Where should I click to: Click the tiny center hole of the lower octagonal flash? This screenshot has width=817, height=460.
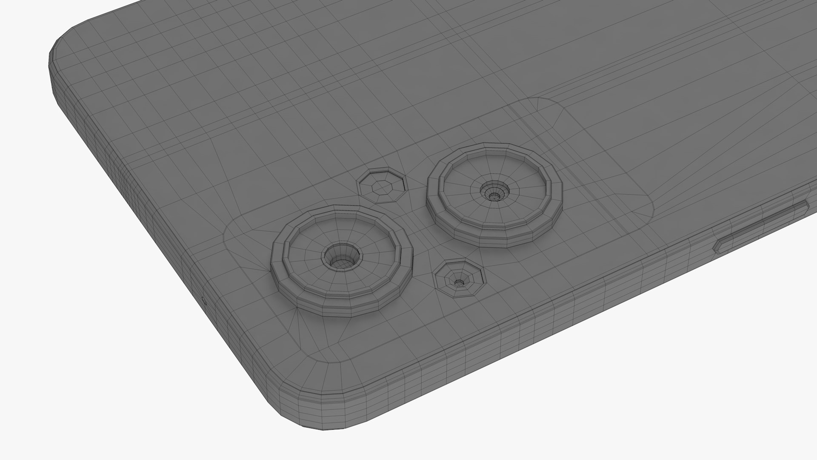(458, 282)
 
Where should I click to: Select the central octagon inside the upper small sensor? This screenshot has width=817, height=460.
(381, 186)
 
